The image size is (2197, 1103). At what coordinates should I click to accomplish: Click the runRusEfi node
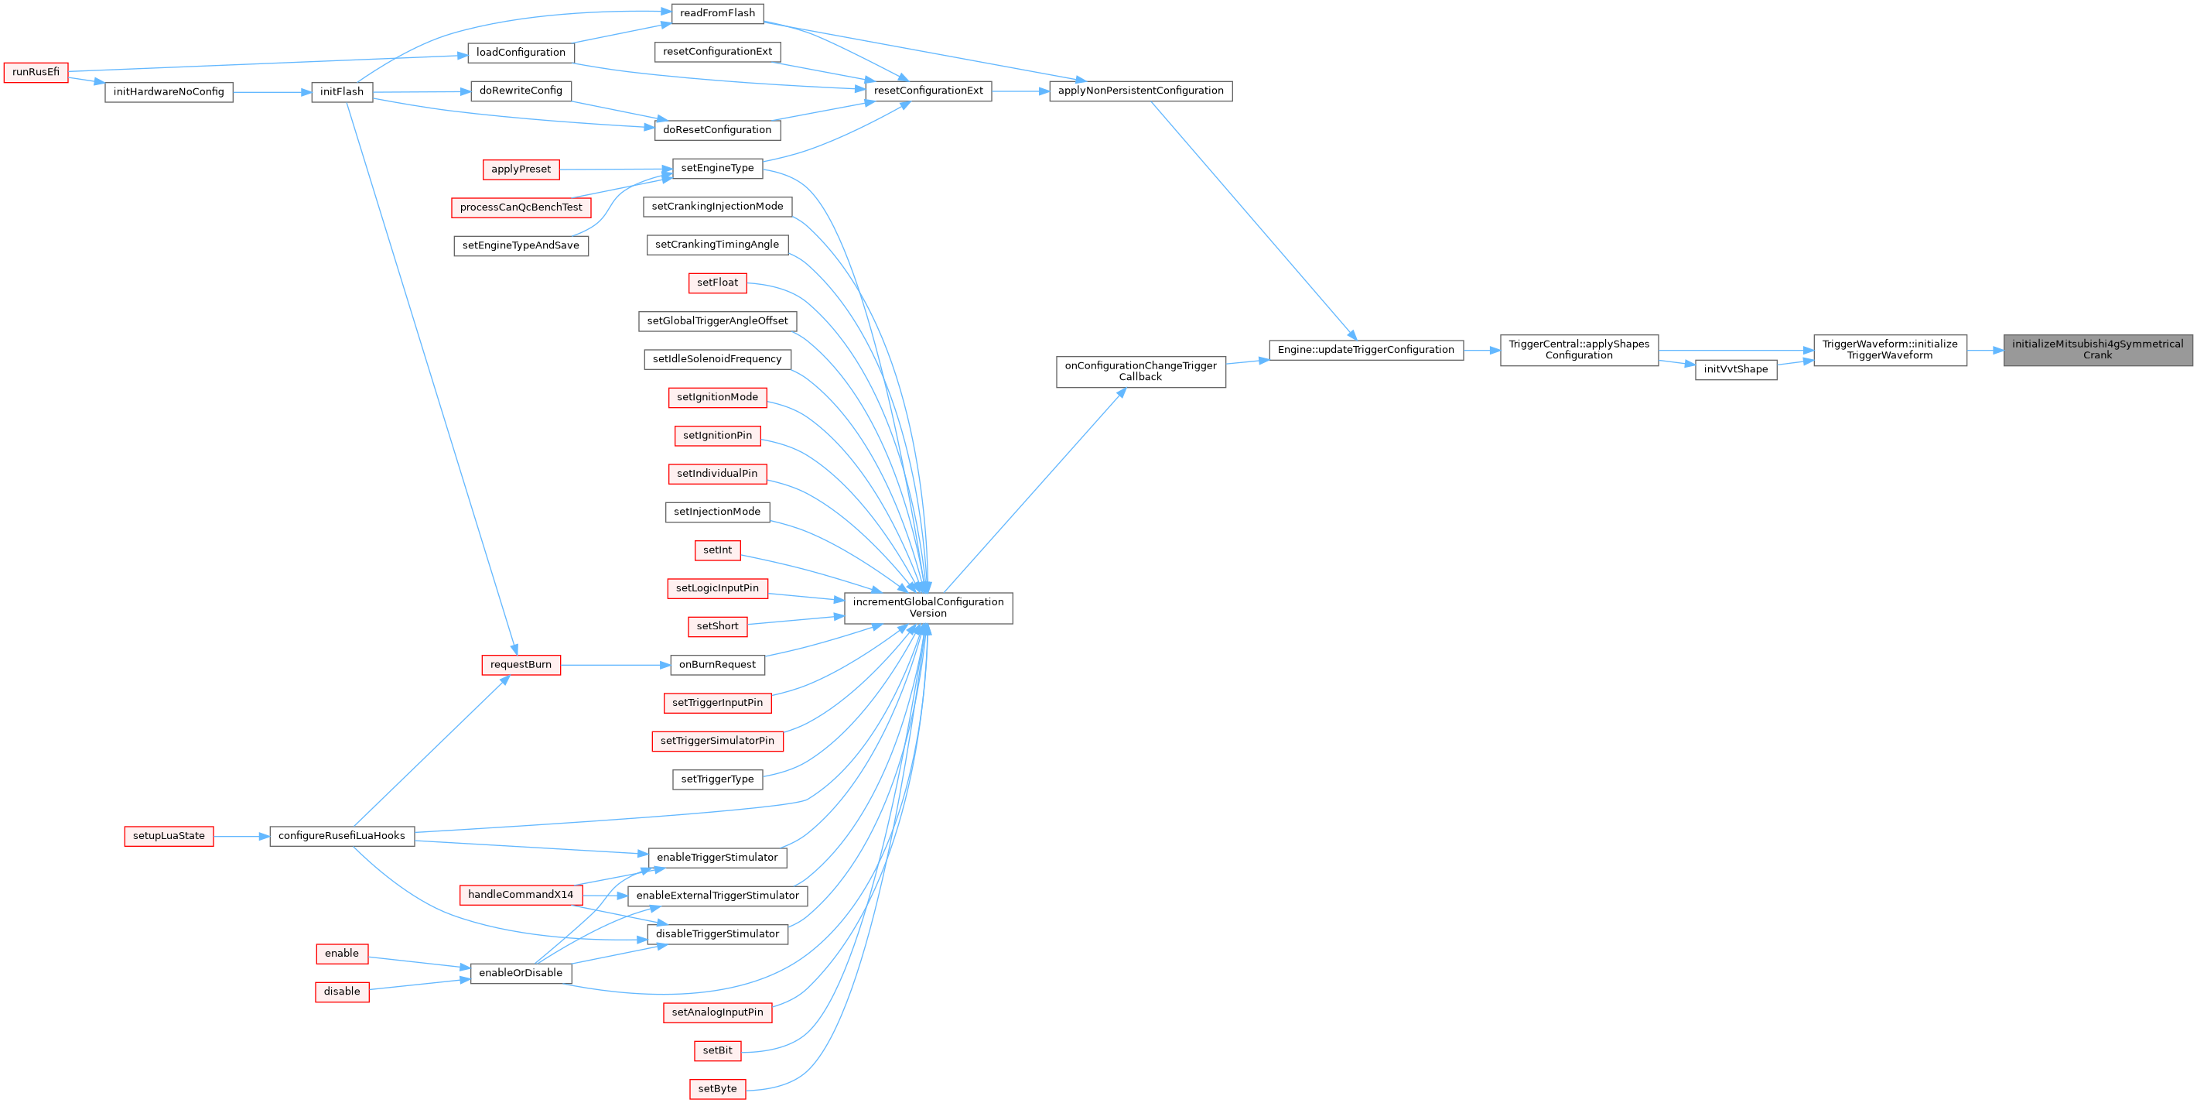(x=36, y=73)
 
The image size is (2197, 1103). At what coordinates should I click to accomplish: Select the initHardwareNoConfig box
(x=168, y=92)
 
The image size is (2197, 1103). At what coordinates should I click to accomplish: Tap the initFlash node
(x=341, y=92)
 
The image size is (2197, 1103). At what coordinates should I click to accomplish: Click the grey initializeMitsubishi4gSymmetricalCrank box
(x=2096, y=350)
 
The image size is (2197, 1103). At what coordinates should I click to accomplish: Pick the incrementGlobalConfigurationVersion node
(x=928, y=608)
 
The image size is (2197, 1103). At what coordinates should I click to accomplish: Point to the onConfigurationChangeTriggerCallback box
(x=1140, y=371)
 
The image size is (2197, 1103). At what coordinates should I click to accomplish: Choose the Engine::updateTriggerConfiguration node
(x=1365, y=350)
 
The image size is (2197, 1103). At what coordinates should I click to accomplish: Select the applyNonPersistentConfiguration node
(x=1140, y=91)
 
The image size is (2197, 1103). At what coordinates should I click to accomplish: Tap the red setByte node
(x=717, y=1088)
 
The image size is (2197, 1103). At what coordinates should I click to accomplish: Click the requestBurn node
(x=521, y=665)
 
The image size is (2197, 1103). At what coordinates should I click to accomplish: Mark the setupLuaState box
(x=168, y=836)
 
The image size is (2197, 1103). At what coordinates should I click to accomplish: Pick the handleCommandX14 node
(x=521, y=895)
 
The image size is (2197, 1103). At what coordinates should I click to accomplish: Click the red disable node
(x=341, y=992)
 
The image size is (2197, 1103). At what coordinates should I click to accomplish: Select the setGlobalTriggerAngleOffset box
(x=717, y=320)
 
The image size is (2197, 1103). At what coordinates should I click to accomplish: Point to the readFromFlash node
(x=717, y=14)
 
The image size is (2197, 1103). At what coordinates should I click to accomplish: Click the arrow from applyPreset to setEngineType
(x=615, y=169)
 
